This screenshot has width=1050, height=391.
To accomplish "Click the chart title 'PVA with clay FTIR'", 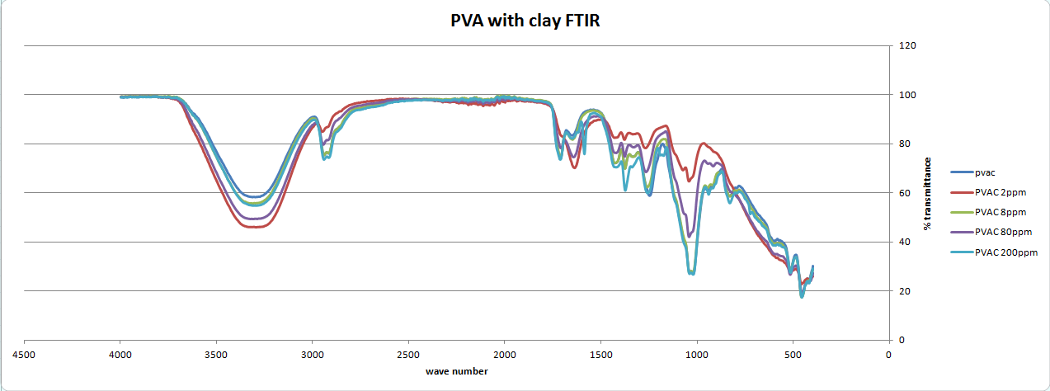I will pyautogui.click(x=520, y=21).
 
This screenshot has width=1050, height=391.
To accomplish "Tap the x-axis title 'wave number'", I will pyautogui.click(x=456, y=371).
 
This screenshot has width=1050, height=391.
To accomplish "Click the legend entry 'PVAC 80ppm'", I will pyautogui.click(x=1002, y=232).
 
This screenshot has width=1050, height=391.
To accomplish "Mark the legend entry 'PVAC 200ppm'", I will pyautogui.click(x=1005, y=252).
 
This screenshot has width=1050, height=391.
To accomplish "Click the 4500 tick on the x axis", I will pyautogui.click(x=25, y=355).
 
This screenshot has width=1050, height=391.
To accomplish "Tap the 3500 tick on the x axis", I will pyautogui.click(x=216, y=355).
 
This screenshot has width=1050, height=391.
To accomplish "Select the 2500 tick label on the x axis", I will pyautogui.click(x=408, y=355).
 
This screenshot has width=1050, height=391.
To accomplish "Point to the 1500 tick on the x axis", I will pyautogui.click(x=600, y=355).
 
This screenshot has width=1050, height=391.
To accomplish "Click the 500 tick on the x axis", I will pyautogui.click(x=793, y=355).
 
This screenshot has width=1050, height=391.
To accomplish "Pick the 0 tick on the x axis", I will pyautogui.click(x=888, y=355).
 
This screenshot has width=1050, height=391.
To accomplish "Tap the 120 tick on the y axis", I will pyautogui.click(x=906, y=46).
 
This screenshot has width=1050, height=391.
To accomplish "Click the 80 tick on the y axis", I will pyautogui.click(x=904, y=144).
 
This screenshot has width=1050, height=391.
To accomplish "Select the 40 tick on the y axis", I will pyautogui.click(x=904, y=242).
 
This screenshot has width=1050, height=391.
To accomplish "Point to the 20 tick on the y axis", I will pyautogui.click(x=904, y=291).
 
